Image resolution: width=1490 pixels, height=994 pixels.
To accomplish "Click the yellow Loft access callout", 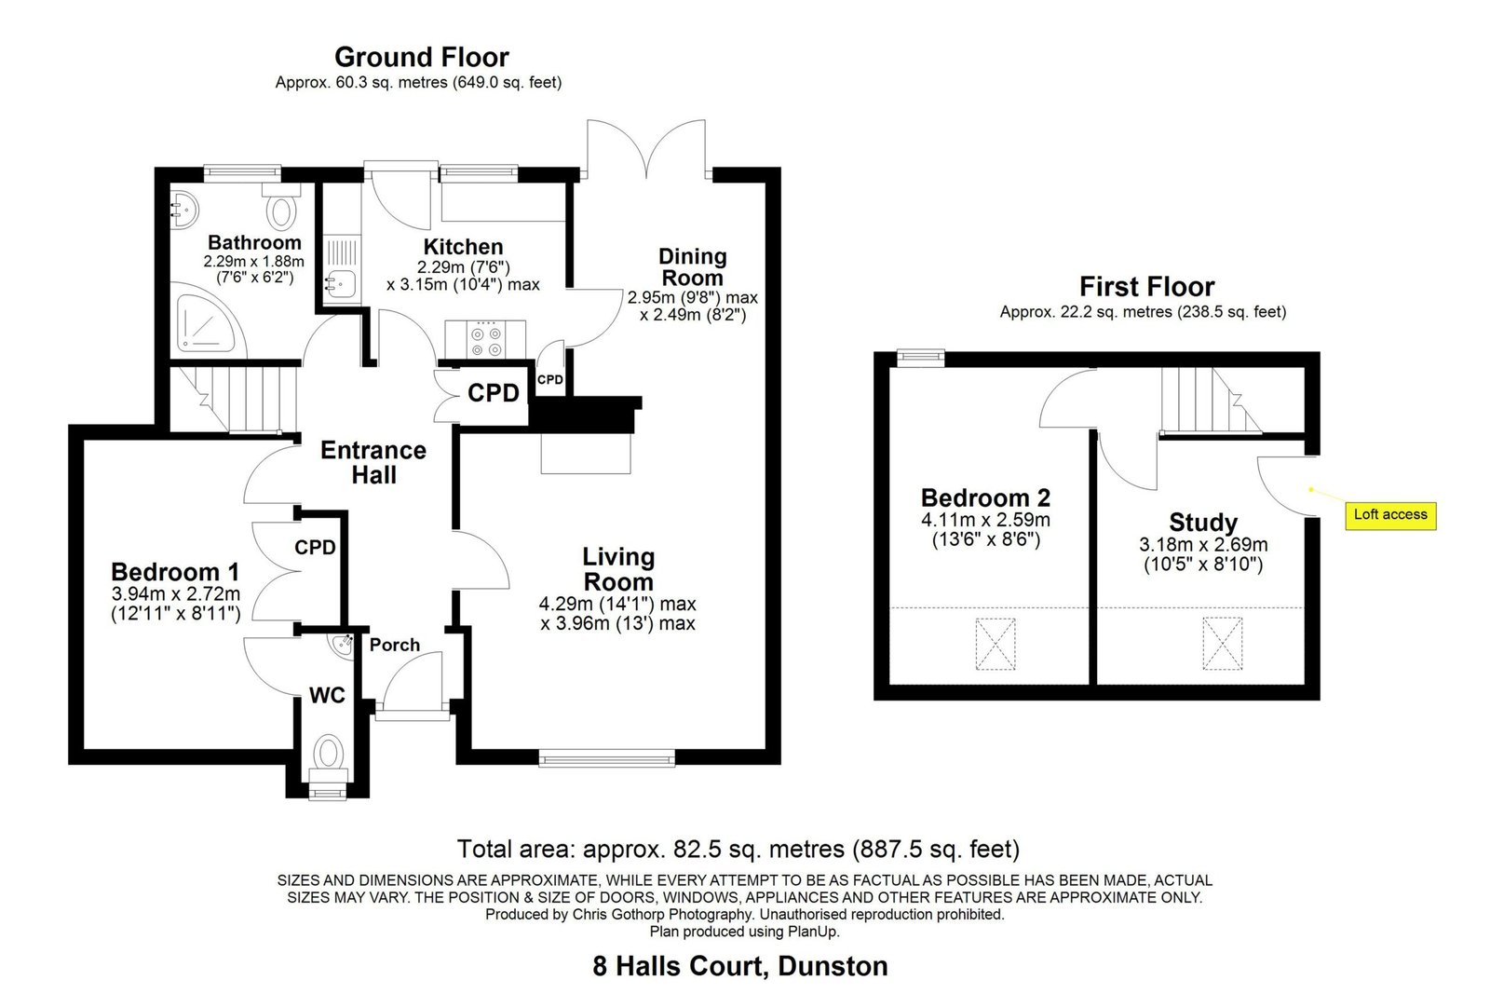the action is click(1390, 515).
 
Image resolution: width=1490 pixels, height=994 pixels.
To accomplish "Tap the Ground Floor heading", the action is click(422, 57).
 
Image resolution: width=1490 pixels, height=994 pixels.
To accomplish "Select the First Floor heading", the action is click(1146, 287).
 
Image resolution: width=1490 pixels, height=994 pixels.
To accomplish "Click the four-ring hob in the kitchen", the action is click(485, 339).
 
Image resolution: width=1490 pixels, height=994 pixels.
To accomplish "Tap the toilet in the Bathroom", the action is click(282, 206).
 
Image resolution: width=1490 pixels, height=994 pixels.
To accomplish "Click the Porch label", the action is click(395, 645).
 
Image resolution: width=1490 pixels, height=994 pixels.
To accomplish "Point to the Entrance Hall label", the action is click(373, 462).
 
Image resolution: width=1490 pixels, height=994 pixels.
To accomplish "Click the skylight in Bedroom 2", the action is click(996, 644).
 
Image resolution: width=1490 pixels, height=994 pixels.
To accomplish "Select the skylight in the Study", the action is click(1223, 643).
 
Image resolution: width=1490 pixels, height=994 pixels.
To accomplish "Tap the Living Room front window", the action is click(606, 757).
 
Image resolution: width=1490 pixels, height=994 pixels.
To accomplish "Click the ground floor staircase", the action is click(233, 400).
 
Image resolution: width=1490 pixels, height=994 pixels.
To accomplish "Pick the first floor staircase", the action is click(1211, 401).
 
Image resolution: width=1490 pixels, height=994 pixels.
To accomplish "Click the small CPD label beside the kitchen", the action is click(550, 380).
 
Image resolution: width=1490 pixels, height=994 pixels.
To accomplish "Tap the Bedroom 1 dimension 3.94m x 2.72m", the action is click(176, 593).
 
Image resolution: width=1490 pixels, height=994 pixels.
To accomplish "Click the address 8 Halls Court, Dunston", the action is click(740, 966).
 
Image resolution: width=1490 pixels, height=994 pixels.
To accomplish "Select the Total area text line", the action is click(738, 849).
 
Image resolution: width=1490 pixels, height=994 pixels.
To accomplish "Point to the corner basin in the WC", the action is click(342, 644).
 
